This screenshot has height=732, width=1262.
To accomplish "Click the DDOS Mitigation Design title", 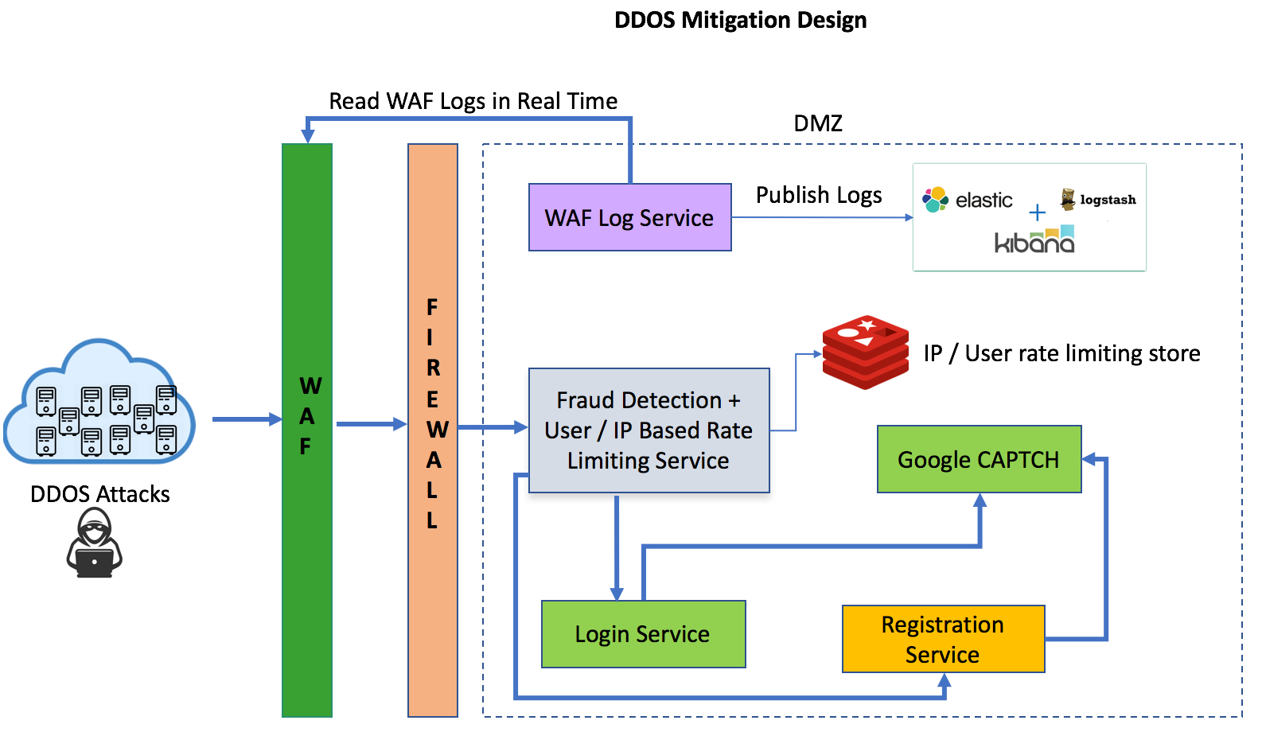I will pyautogui.click(x=740, y=20).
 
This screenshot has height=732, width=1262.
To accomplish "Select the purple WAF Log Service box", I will pyautogui.click(x=629, y=217).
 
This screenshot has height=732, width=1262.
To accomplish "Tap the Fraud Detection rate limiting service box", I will pyautogui.click(x=649, y=430).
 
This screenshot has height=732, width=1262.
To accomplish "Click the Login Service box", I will pyautogui.click(x=643, y=634).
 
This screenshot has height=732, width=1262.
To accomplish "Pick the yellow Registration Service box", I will pyautogui.click(x=943, y=639).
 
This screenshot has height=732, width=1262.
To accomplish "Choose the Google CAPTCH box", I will pyautogui.click(x=979, y=459).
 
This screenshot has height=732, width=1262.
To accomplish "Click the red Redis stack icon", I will pyautogui.click(x=866, y=352).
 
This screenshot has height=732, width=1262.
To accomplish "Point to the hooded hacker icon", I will pyautogui.click(x=95, y=543).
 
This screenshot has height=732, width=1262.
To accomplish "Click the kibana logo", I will pyautogui.click(x=1034, y=241).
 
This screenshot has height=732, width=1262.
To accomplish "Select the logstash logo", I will pyautogui.click(x=1099, y=200).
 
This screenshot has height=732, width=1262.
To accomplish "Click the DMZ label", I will pyautogui.click(x=818, y=123).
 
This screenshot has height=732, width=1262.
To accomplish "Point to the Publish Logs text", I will pyautogui.click(x=819, y=195).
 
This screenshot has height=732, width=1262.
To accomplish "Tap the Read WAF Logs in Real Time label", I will pyautogui.click(x=473, y=101).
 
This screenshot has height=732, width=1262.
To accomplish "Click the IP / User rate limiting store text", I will pyautogui.click(x=1061, y=353).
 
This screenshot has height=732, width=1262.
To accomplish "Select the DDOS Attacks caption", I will pyautogui.click(x=100, y=494).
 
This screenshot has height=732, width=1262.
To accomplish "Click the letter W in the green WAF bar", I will pyautogui.click(x=310, y=386).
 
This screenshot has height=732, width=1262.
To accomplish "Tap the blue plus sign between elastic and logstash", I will pyautogui.click(x=1037, y=212).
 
